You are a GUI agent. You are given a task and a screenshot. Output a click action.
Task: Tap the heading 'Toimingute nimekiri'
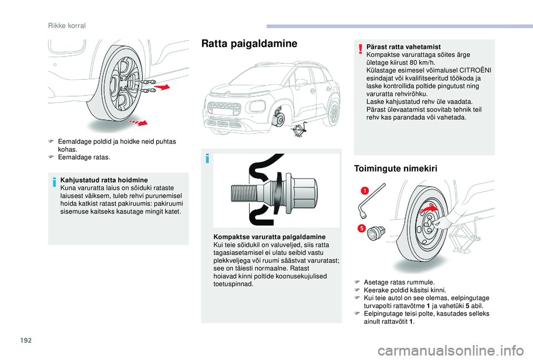pos(395,169)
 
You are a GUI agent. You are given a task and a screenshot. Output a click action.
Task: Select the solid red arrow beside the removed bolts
pos(163,87)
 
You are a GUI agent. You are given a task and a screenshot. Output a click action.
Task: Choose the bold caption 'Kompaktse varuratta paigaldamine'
pos(270,237)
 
